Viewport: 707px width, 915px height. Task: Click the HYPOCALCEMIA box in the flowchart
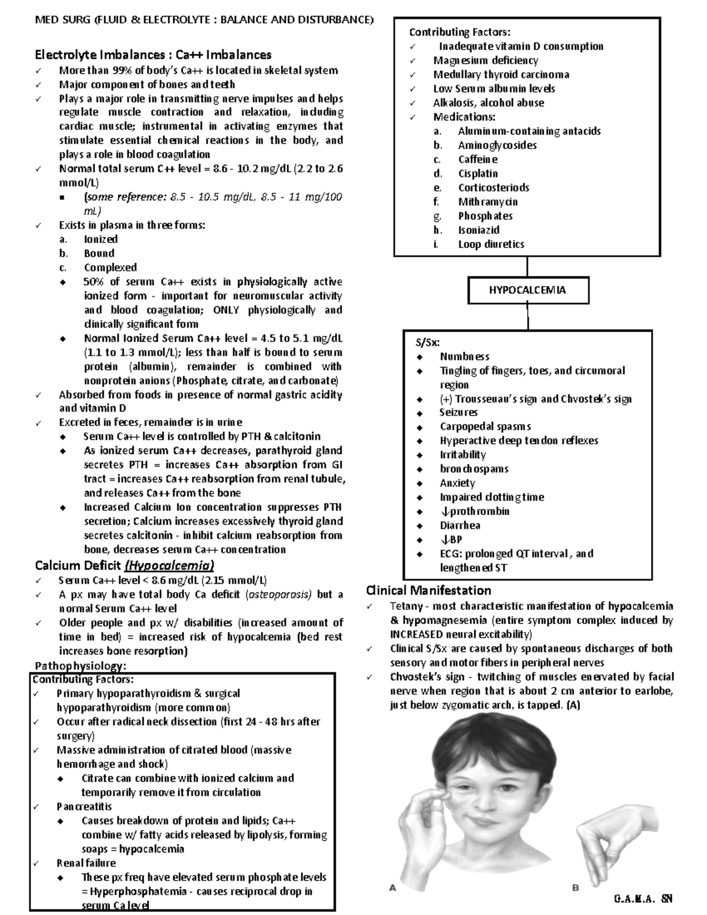pyautogui.click(x=527, y=290)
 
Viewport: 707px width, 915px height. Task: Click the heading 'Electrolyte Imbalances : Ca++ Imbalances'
pyautogui.click(x=153, y=55)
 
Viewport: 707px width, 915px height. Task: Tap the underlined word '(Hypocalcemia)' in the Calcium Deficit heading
pyautogui.click(x=170, y=566)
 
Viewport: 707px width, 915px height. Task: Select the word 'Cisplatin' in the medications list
pyautogui.click(x=478, y=173)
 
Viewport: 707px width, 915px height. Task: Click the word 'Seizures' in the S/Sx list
pyautogui.click(x=458, y=412)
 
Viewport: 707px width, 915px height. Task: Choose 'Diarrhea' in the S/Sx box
pyautogui.click(x=460, y=525)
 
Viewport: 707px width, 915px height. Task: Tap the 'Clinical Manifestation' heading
pyautogui.click(x=428, y=590)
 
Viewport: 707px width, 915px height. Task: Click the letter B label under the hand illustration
pyautogui.click(x=576, y=888)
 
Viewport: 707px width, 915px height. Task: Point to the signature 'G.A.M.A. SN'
pyautogui.click(x=643, y=899)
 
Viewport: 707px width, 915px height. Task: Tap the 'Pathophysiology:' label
pyautogui.click(x=81, y=666)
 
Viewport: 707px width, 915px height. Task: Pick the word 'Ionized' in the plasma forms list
pyautogui.click(x=101, y=239)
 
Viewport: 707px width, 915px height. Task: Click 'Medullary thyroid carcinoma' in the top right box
pyautogui.click(x=501, y=74)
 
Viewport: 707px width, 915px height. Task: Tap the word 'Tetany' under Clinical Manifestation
pyautogui.click(x=405, y=606)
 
